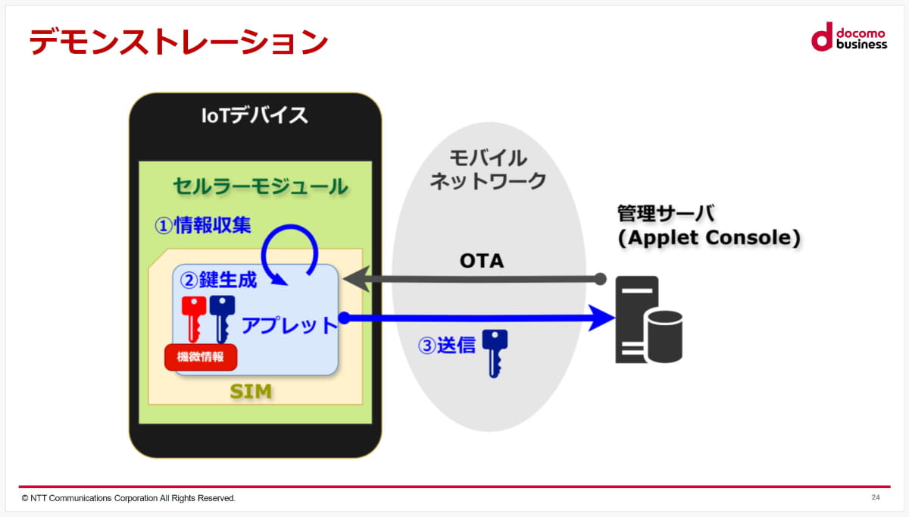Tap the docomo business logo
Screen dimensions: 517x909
pyautogui.click(x=848, y=36)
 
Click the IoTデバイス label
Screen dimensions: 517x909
pyautogui.click(x=255, y=116)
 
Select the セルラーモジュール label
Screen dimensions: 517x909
pyautogui.click(x=260, y=186)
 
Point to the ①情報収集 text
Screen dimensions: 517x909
pyautogui.click(x=202, y=225)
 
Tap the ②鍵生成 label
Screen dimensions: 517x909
pyautogui.click(x=217, y=280)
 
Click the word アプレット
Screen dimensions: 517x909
pyautogui.click(x=289, y=325)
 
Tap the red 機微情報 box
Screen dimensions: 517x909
pyautogui.click(x=201, y=357)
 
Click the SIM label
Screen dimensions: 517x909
pyautogui.click(x=251, y=392)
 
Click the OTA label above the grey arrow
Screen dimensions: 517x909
pyautogui.click(x=481, y=261)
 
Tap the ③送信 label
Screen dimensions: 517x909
pyautogui.click(x=447, y=346)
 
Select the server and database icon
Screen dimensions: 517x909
pyautogui.click(x=648, y=320)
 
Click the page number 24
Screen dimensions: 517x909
pyautogui.click(x=876, y=497)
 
